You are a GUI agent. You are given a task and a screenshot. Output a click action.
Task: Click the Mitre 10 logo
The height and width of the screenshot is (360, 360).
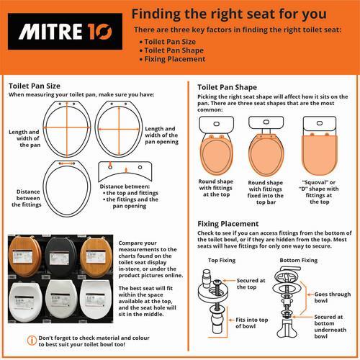(x=65, y=32)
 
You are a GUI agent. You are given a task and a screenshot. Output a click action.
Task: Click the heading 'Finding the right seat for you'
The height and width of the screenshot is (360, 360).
(x=229, y=14)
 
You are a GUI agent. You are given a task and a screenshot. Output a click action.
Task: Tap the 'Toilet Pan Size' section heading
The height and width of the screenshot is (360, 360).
(x=35, y=86)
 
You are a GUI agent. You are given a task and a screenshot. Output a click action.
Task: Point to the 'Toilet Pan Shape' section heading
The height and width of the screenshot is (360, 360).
(x=227, y=87)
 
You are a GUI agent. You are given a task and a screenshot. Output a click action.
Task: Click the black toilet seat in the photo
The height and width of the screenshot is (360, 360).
(x=60, y=257)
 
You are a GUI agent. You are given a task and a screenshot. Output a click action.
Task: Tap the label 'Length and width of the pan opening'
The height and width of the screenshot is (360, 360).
(x=161, y=135)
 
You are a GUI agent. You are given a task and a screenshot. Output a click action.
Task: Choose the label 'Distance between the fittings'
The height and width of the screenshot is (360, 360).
(x=27, y=198)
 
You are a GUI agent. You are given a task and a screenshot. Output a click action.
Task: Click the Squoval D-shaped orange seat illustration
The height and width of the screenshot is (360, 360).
(x=320, y=153)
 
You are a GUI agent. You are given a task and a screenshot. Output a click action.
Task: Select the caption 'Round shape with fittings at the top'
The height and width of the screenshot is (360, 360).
(x=216, y=188)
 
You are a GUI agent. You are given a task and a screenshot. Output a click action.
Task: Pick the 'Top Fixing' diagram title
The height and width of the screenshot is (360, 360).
(x=222, y=260)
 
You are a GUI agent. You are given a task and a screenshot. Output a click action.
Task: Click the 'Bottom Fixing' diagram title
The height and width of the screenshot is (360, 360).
(x=299, y=260)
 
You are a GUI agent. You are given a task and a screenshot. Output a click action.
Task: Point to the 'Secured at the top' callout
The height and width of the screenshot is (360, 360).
(x=251, y=284)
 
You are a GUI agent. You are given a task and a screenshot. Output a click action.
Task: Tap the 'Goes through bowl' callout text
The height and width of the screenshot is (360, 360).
(x=333, y=297)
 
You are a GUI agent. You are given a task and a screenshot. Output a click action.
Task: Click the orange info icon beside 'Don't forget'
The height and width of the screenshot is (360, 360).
(x=32, y=341)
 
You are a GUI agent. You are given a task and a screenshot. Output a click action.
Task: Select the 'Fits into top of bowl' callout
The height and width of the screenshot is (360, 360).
(x=251, y=323)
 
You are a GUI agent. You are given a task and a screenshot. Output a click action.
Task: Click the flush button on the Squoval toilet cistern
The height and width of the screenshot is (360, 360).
(x=320, y=123)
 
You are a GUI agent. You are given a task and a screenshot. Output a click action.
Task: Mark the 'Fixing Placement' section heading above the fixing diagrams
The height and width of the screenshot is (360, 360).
(x=228, y=224)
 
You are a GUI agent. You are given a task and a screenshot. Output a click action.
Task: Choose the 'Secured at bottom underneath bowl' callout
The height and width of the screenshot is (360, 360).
(x=330, y=326)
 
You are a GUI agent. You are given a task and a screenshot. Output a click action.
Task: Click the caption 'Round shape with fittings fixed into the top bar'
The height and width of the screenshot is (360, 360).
(x=266, y=192)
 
